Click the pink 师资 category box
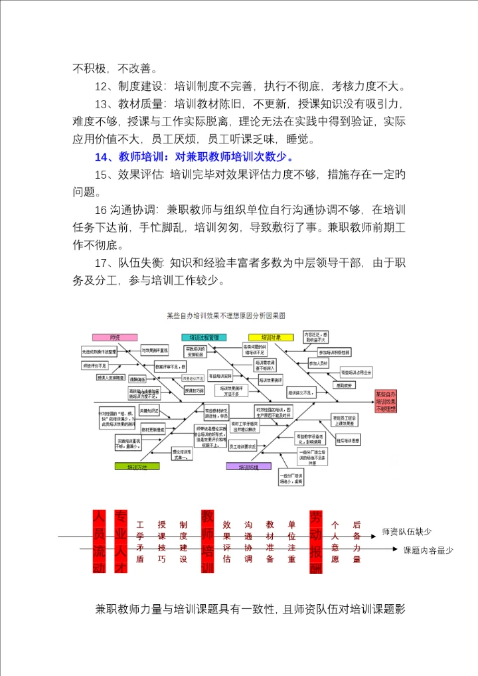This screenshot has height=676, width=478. pyautogui.click(x=115, y=337)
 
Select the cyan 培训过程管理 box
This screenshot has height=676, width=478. pyautogui.click(x=204, y=337)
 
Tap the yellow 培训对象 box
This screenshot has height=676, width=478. pyautogui.click(x=270, y=337)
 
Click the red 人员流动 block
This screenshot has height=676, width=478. pyautogui.click(x=99, y=541)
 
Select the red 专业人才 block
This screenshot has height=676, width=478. pyautogui.click(x=120, y=541)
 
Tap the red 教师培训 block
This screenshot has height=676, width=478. pyautogui.click(x=206, y=541)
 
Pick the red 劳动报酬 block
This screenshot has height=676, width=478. pyautogui.click(x=315, y=541)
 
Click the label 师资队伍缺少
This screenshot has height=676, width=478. pyautogui.click(x=407, y=532)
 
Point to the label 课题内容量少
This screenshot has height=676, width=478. pyautogui.click(x=428, y=550)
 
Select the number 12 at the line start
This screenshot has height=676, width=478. pyautogui.click(x=102, y=86)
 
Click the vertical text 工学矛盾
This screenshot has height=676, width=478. pyautogui.click(x=139, y=541)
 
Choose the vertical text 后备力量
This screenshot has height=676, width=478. pyautogui.click(x=357, y=541)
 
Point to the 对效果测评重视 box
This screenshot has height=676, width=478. pyautogui.click(x=156, y=349)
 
